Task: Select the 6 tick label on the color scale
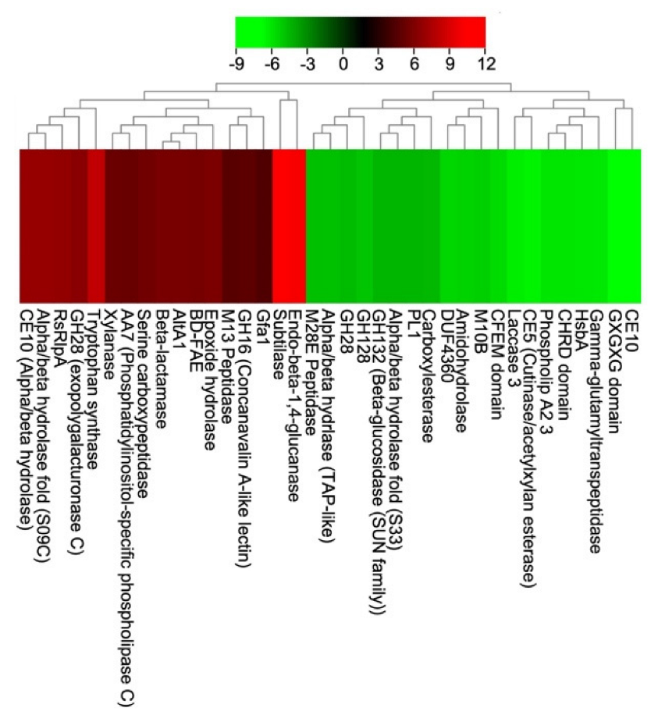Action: point(414,63)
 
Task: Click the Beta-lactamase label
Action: point(160,368)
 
